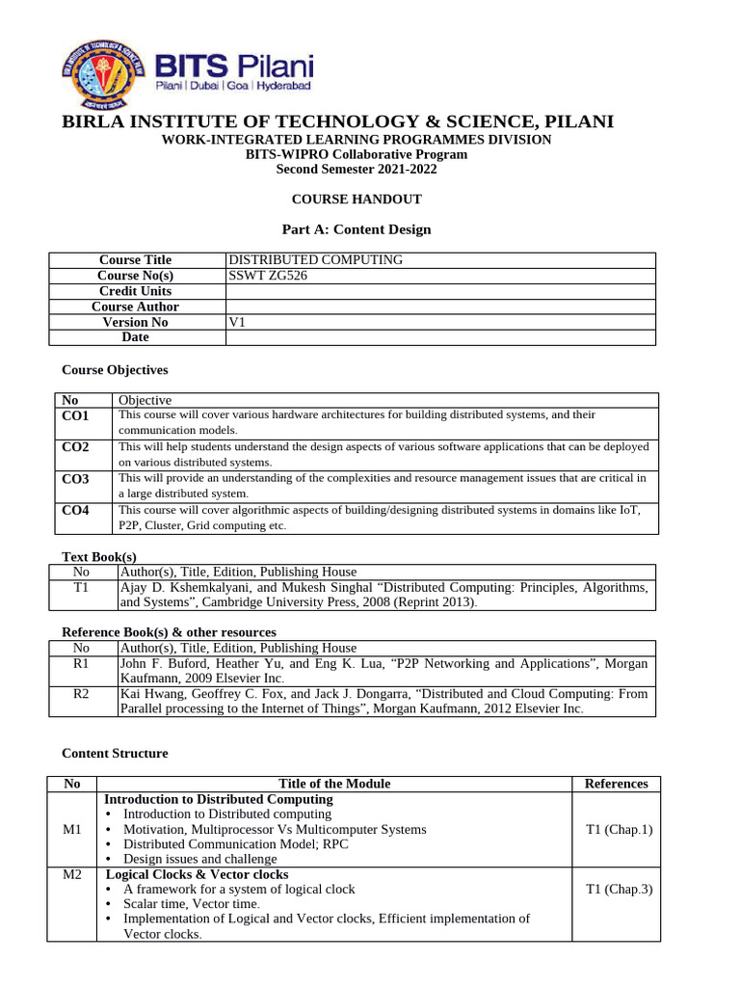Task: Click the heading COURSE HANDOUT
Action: point(357,200)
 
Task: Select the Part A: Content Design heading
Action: point(357,229)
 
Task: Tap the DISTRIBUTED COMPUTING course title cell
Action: point(315,260)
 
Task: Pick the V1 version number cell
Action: point(237,322)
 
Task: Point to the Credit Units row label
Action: point(135,291)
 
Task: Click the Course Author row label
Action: point(135,307)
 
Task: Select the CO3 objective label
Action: point(75,479)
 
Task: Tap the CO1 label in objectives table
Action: point(75,415)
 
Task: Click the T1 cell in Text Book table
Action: point(81,587)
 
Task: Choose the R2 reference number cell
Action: point(81,693)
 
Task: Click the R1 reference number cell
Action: point(81,663)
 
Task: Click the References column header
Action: point(616,784)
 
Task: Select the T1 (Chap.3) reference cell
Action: point(619,889)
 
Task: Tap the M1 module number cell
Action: point(72,829)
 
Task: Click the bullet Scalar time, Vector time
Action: point(192,904)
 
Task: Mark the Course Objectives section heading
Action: point(115,369)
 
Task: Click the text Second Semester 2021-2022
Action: point(357,169)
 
